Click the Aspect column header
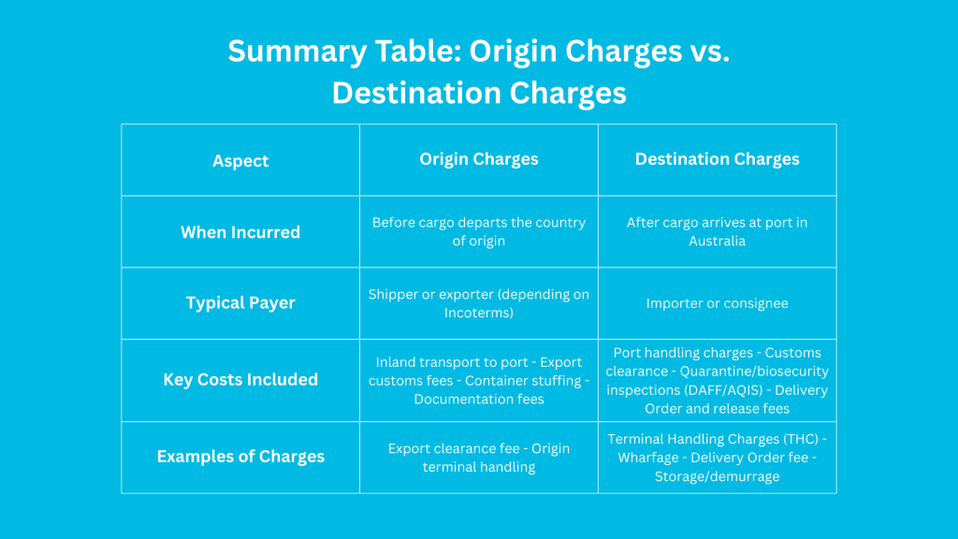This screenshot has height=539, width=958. (240, 161)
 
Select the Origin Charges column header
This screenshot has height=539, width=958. (478, 159)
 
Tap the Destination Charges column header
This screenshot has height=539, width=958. (717, 159)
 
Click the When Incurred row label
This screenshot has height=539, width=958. (240, 232)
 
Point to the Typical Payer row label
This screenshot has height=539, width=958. (240, 303)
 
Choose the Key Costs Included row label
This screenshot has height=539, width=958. (240, 380)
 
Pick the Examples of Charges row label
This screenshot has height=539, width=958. (240, 457)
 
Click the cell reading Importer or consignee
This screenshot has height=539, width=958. (717, 303)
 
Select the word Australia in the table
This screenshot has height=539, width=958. (717, 240)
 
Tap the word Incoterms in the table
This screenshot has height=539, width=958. (478, 313)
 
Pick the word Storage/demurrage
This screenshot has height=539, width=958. (717, 476)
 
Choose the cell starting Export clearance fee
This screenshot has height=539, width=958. (478, 457)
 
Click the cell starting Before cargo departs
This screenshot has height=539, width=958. (478, 232)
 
